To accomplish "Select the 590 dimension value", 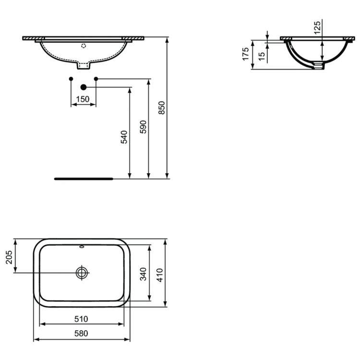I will (143, 126).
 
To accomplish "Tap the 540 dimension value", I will (124, 137).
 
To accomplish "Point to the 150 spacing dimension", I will (83, 99).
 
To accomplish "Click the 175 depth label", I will (245, 54).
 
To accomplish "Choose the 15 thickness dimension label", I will (261, 55).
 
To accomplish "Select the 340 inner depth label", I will (142, 274).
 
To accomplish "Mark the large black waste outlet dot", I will (84, 87).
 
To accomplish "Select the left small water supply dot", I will (71, 78).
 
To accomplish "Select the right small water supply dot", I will (96, 78).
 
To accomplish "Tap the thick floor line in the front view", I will (84, 178).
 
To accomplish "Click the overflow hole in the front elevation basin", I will (84, 47).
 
